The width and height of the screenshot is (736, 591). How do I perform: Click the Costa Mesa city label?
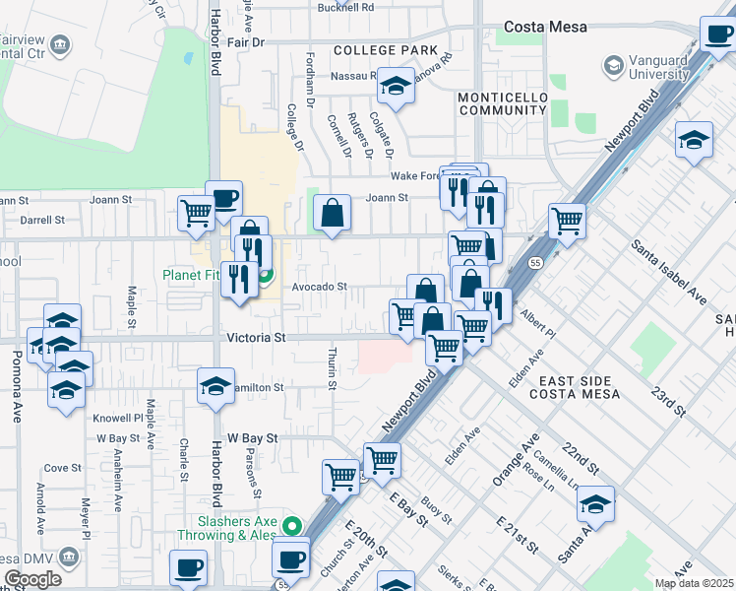pyautogui.click(x=546, y=28)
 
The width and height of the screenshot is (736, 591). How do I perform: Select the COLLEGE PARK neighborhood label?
pyautogui.click(x=384, y=50)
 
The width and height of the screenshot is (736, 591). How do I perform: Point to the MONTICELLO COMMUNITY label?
pyautogui.click(x=501, y=104)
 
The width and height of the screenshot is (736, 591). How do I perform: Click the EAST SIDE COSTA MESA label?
pyautogui.click(x=575, y=387)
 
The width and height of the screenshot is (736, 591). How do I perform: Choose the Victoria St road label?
pyautogui.click(x=256, y=337)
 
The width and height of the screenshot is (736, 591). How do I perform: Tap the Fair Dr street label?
pyautogui.click(x=246, y=43)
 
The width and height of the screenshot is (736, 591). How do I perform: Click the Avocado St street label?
pyautogui.click(x=319, y=287)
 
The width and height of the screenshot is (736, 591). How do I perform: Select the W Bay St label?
pyautogui.click(x=253, y=436)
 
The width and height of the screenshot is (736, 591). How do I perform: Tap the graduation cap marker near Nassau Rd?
pyautogui.click(x=396, y=87)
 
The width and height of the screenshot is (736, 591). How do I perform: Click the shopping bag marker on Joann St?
pyautogui.click(x=333, y=213)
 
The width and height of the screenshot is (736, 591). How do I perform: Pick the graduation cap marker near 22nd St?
pyautogui.click(x=595, y=505)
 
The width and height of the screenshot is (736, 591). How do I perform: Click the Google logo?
pyautogui.click(x=32, y=579)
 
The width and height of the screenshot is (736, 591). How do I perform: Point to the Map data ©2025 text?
pyautogui.click(x=694, y=583)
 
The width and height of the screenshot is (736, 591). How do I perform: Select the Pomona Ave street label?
pyautogui.click(x=17, y=394)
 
